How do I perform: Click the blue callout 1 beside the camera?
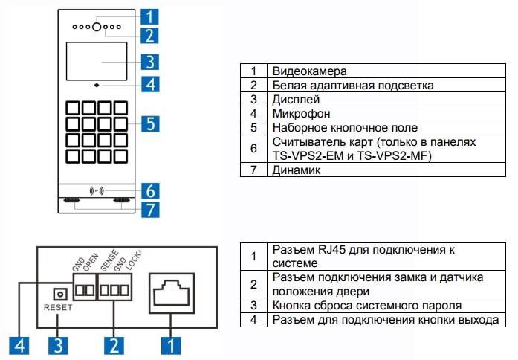click(149, 16)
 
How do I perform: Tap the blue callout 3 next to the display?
click(149, 61)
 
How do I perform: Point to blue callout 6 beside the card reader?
click(149, 190)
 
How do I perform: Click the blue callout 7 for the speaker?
click(149, 209)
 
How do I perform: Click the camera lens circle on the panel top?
click(97, 28)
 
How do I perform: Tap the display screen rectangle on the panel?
click(97, 62)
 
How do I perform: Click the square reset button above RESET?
click(56, 292)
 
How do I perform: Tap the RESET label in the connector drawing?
click(57, 306)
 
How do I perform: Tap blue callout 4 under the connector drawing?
click(20, 344)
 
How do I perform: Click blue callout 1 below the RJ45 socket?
click(172, 344)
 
